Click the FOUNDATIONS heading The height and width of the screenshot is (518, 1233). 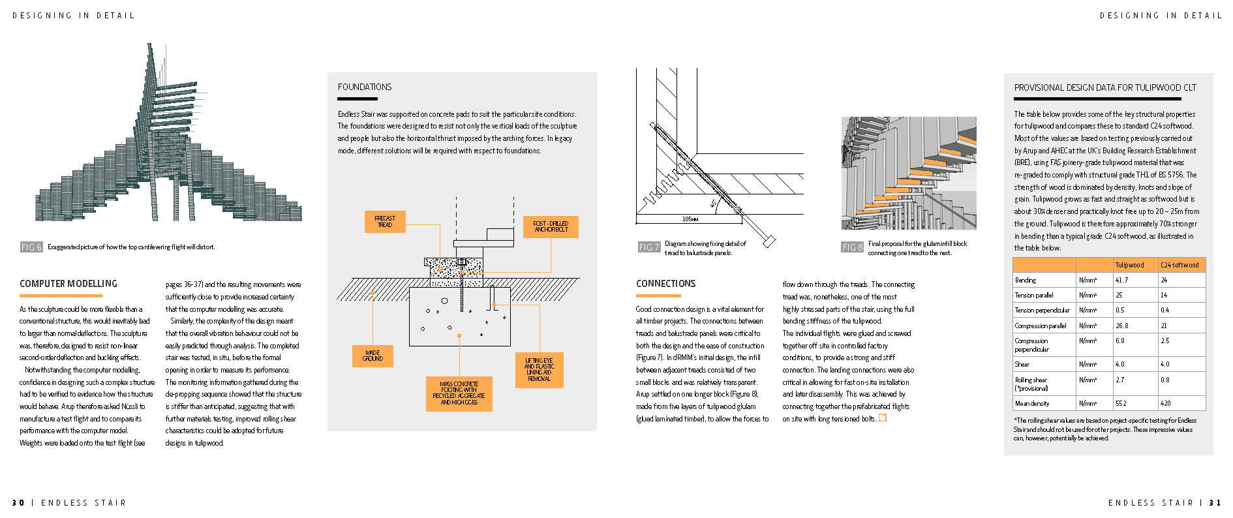(x=365, y=87)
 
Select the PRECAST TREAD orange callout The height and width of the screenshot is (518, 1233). (x=385, y=222)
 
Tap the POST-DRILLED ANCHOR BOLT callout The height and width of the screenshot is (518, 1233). (x=551, y=226)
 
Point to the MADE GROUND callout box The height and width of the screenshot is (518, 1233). (x=373, y=356)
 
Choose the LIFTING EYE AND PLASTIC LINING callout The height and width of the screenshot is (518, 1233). (x=539, y=369)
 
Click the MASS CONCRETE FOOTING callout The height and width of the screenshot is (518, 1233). (x=459, y=393)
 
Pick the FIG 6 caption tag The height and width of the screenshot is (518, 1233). (x=31, y=247)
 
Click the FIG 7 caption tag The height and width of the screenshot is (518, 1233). (x=648, y=247)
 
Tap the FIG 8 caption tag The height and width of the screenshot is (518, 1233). (x=852, y=247)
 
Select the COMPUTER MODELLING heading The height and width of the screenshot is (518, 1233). (x=68, y=284)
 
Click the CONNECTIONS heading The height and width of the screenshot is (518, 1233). (x=665, y=284)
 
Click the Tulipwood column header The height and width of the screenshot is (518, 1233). (x=1129, y=265)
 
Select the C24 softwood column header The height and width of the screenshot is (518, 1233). (x=1180, y=265)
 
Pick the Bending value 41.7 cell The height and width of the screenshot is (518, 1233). (x=1121, y=280)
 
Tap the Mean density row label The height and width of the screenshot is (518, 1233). (x=1032, y=403)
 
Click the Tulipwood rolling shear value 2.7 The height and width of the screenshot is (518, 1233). (x=1120, y=380)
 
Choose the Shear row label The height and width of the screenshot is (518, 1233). (x=1022, y=364)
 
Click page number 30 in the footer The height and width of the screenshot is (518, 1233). (x=18, y=502)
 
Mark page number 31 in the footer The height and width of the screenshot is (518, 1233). (x=1215, y=502)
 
